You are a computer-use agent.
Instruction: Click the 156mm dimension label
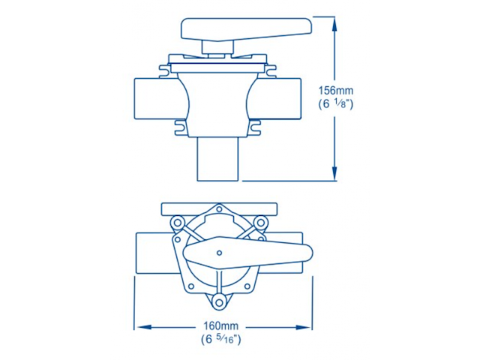pyautogui.click(x=336, y=91)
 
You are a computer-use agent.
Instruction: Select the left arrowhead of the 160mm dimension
pyautogui.click(x=139, y=326)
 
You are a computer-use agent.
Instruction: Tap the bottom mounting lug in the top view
pyautogui.click(x=219, y=301)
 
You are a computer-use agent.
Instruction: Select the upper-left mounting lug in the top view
pyautogui.click(x=178, y=222)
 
